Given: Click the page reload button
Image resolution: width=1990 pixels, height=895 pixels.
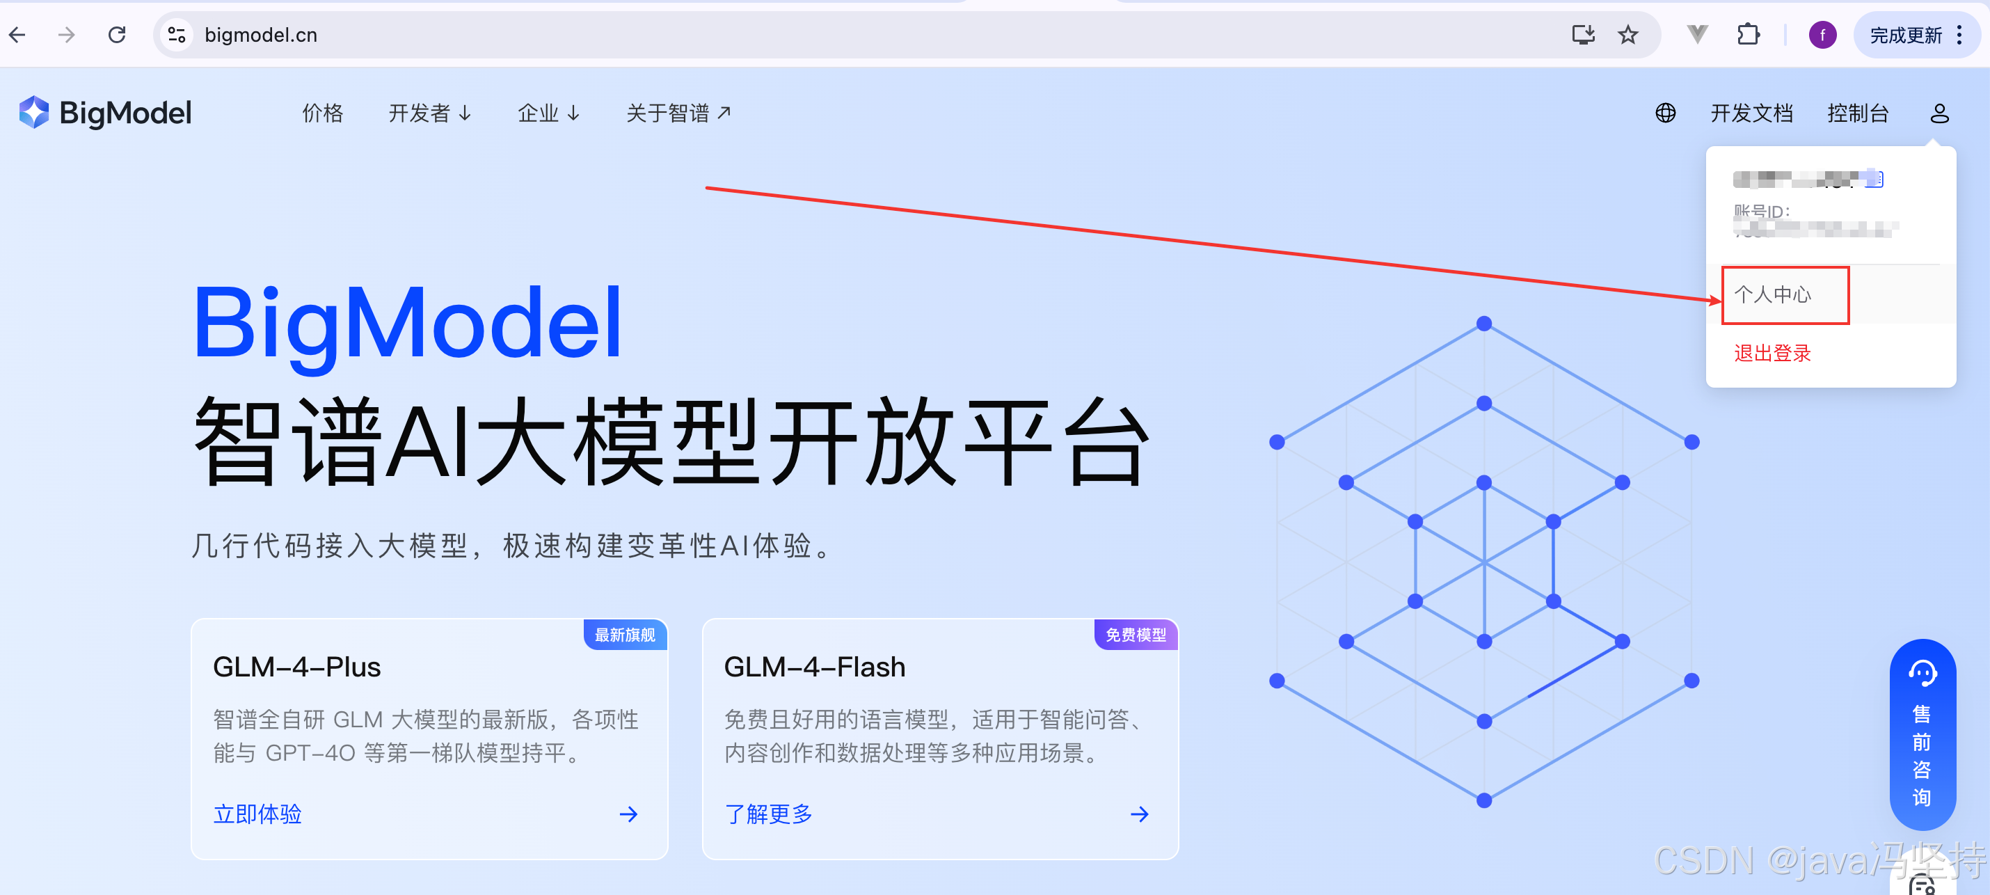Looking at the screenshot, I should pyautogui.click(x=117, y=35).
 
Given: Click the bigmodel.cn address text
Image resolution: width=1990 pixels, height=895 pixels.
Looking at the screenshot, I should pyautogui.click(x=260, y=35).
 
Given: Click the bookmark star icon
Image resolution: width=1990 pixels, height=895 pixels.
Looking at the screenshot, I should pyautogui.click(x=1627, y=35).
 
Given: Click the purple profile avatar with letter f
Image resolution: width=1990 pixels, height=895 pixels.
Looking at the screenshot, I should pyautogui.click(x=1822, y=35).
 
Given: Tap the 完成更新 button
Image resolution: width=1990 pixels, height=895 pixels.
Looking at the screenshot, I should pyautogui.click(x=1905, y=35).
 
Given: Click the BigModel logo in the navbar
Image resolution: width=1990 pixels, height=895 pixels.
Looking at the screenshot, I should pyautogui.click(x=106, y=113).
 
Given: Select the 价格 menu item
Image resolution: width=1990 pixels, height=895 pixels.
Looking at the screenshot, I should pyautogui.click(x=322, y=113).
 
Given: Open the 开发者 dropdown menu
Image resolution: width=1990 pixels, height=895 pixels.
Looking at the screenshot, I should pyautogui.click(x=429, y=113).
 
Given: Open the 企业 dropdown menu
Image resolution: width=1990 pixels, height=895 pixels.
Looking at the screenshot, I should pyautogui.click(x=548, y=113).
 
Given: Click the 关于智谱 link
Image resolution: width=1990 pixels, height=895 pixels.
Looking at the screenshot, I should pyautogui.click(x=678, y=113).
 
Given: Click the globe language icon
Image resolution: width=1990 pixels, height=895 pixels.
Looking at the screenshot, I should pyautogui.click(x=1666, y=113).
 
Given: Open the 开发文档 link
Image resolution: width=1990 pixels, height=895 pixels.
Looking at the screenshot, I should pyautogui.click(x=1751, y=113).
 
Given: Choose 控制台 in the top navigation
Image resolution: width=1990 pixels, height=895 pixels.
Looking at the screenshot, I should pyautogui.click(x=1858, y=113).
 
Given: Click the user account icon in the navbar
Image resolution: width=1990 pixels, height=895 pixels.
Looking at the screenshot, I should pyautogui.click(x=1939, y=113).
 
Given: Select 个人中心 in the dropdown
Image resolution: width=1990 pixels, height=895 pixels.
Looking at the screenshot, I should pyautogui.click(x=1773, y=294).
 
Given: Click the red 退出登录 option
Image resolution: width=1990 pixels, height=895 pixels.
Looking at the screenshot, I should pyautogui.click(x=1772, y=354).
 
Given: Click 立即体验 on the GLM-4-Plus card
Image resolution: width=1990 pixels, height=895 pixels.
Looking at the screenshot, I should pyautogui.click(x=257, y=814).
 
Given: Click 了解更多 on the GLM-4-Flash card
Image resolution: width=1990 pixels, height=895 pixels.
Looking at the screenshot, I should pyautogui.click(x=768, y=814).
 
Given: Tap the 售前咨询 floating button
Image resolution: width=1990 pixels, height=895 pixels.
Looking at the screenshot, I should pyautogui.click(x=1922, y=734).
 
